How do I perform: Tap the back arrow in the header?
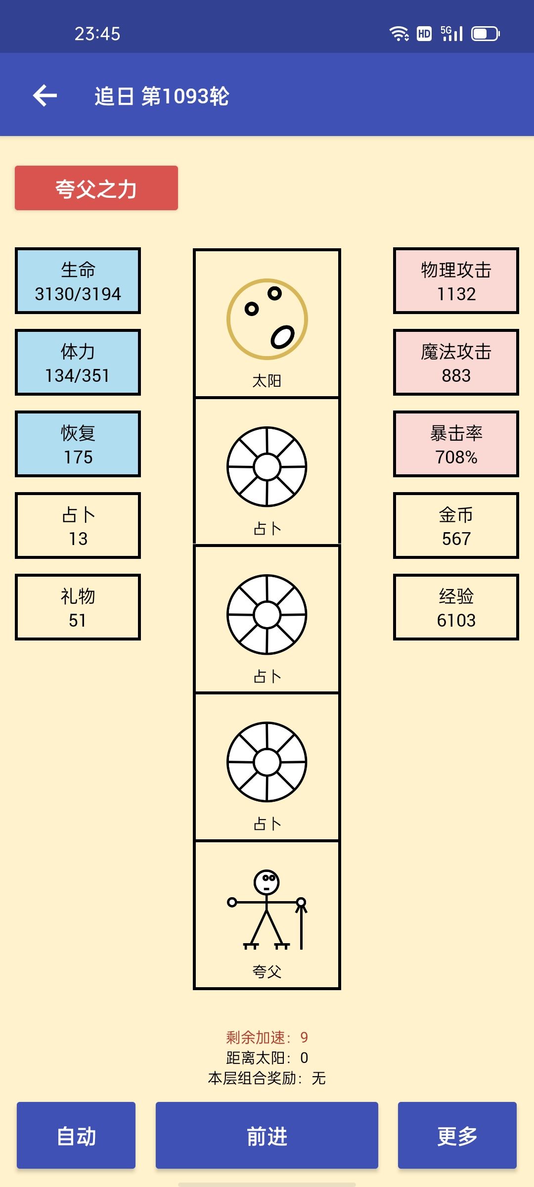(x=45, y=95)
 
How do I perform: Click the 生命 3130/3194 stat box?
(x=78, y=281)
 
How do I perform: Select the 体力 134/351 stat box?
(x=78, y=363)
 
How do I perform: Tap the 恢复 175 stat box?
(x=78, y=444)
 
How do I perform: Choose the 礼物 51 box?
(x=78, y=607)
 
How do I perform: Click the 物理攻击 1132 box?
(x=456, y=281)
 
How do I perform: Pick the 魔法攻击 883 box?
(x=456, y=363)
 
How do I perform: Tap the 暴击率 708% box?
(x=456, y=444)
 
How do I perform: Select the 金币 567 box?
(x=456, y=526)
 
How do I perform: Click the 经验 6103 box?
(x=456, y=607)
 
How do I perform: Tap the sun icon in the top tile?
(x=267, y=319)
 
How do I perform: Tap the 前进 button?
(x=267, y=1136)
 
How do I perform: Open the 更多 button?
(x=457, y=1136)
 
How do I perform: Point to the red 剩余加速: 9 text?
(x=267, y=1037)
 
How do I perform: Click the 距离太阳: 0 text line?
(x=267, y=1058)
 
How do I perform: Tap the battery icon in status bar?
(x=485, y=34)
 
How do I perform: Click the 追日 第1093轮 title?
(x=162, y=96)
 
